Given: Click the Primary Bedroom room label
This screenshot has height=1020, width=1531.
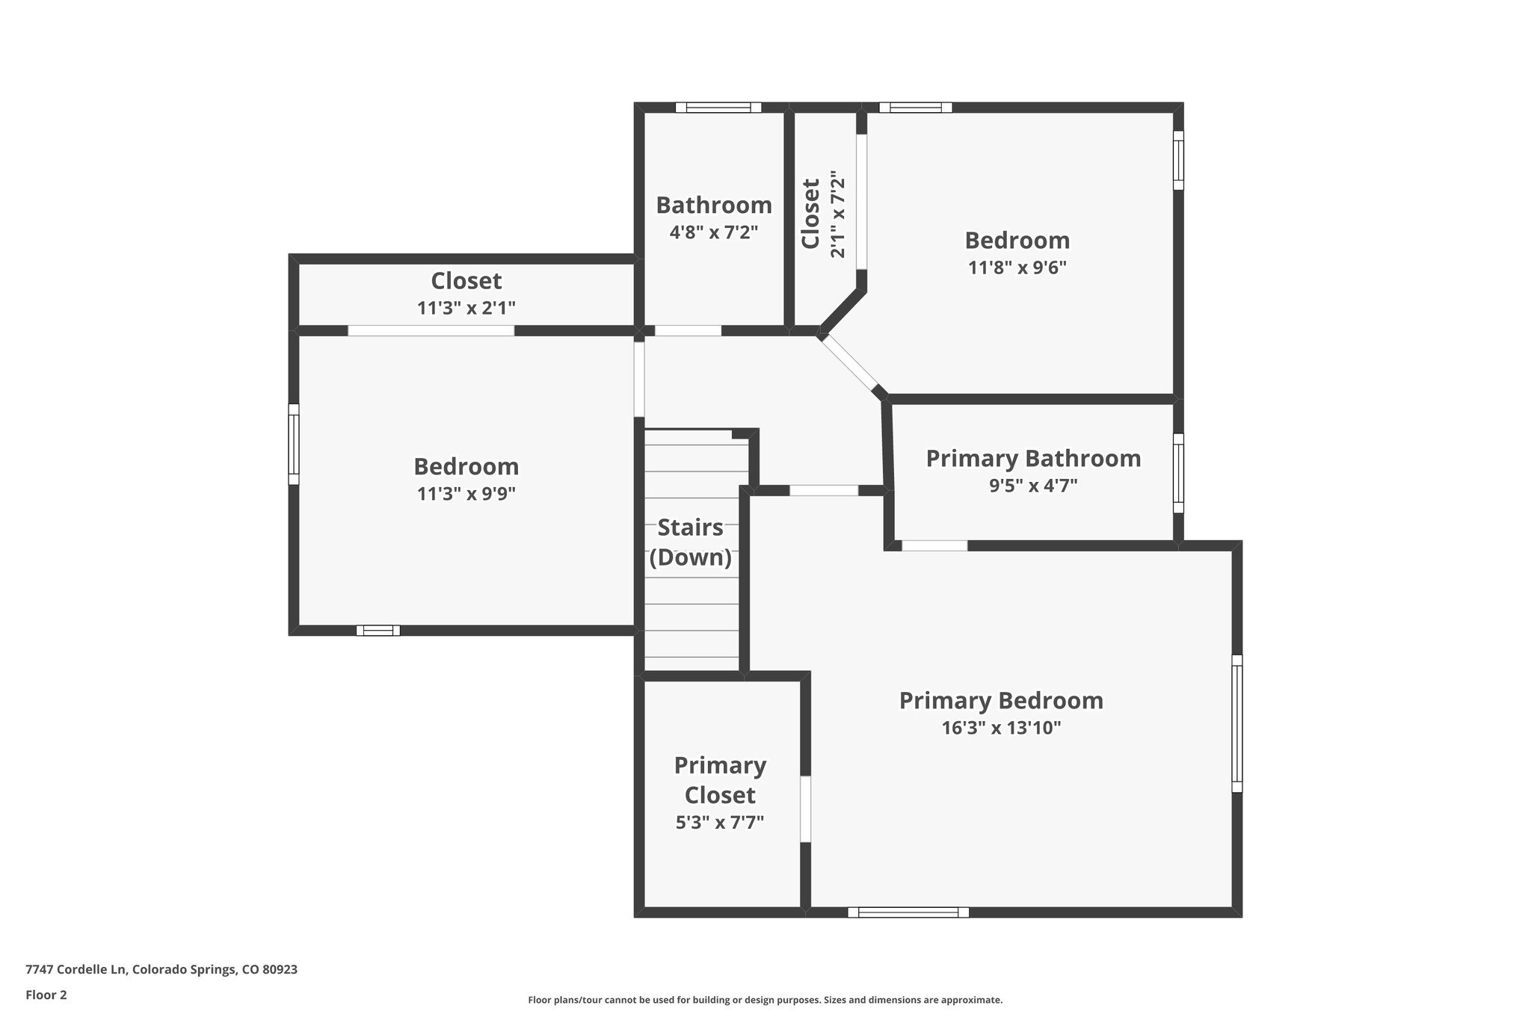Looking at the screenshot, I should click(1000, 700).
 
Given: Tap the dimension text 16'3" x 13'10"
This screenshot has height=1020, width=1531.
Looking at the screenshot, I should click(1000, 728).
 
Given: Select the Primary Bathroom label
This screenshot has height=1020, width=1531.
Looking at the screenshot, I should click(1033, 458).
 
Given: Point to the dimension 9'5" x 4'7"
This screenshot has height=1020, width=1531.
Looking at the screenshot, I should click(1033, 486).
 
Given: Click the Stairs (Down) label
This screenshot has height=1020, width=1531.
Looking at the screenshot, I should click(690, 543).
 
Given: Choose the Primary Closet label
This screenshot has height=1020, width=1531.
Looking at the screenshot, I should click(720, 779).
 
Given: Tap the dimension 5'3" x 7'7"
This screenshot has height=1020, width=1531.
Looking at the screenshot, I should click(720, 823).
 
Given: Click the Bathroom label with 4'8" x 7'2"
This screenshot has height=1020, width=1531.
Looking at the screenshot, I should click(714, 205).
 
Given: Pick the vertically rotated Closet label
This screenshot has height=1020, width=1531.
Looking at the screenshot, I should click(811, 214).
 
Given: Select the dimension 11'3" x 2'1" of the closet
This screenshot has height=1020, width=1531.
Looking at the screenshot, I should click(466, 307).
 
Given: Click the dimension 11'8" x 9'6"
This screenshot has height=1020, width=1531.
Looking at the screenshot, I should click(1017, 268).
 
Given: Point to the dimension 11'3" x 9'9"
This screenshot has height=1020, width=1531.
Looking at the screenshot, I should click(466, 493).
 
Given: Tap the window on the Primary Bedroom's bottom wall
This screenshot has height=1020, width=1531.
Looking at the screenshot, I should click(908, 912).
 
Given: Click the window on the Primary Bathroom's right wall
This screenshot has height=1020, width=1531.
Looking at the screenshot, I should click(1178, 473).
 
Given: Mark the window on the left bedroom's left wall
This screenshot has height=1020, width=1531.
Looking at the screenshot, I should click(294, 445).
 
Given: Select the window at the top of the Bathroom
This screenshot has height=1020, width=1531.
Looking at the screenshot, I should click(718, 108).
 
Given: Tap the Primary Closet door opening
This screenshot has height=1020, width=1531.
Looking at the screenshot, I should click(805, 809).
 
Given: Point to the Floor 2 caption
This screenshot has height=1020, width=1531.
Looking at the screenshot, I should click(46, 995).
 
